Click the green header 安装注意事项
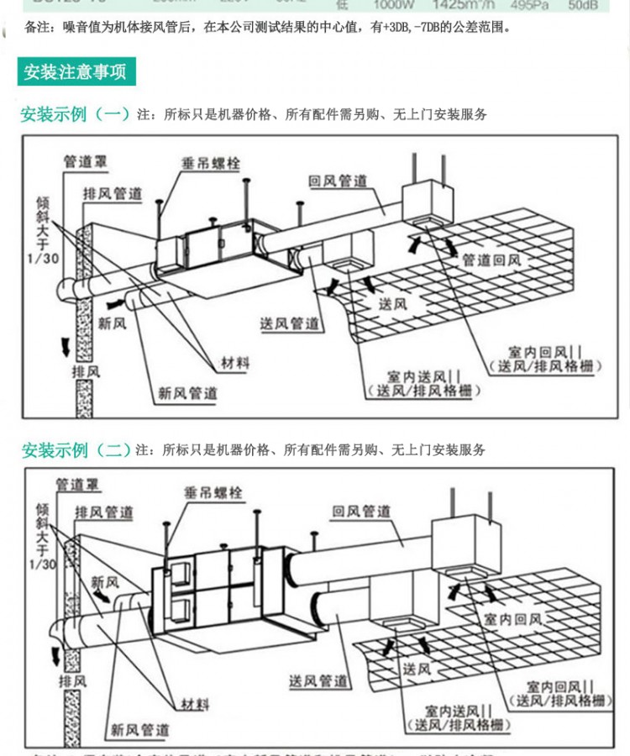click(x=76, y=71)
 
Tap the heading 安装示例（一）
click(x=75, y=114)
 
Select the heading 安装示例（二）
click(x=75, y=450)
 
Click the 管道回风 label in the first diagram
click(x=491, y=260)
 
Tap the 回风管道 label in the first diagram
click(x=338, y=181)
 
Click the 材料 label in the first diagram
click(x=235, y=363)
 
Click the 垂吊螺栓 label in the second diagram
click(x=213, y=493)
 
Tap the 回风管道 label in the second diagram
click(x=361, y=511)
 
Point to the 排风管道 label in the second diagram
click(x=104, y=512)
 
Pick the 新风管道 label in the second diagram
click(x=140, y=729)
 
